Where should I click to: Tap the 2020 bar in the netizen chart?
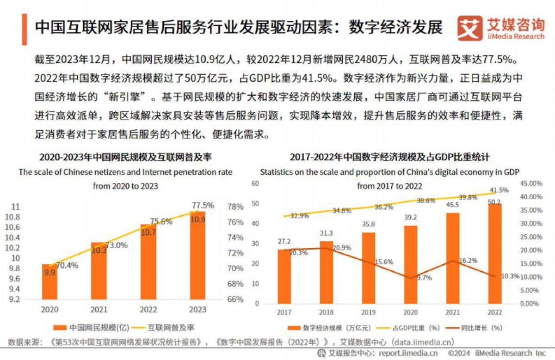point(49,282)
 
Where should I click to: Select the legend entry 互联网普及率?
point(164,328)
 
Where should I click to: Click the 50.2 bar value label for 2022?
point(494,201)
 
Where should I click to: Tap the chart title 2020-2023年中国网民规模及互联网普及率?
point(125,157)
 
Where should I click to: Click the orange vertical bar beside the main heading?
point(24,28)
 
